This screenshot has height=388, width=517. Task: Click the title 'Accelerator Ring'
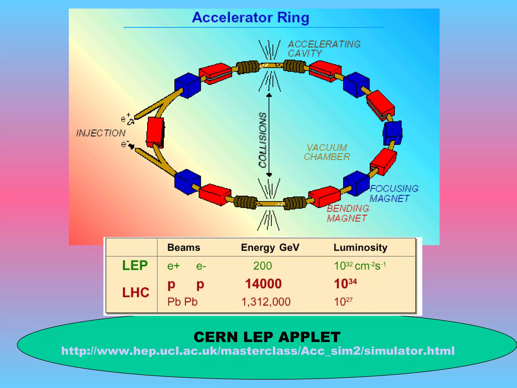(x=250, y=18)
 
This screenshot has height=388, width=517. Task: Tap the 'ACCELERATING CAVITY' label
(x=324, y=49)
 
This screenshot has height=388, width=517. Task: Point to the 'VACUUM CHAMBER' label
(x=327, y=152)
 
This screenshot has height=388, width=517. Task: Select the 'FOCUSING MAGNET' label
(x=394, y=193)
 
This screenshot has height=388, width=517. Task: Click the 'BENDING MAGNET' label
(x=348, y=213)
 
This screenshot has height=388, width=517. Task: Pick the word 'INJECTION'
(x=101, y=133)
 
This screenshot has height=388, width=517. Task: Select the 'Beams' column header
(x=184, y=248)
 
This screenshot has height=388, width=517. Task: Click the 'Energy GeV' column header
(x=270, y=248)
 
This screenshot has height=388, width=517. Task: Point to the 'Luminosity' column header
(x=360, y=248)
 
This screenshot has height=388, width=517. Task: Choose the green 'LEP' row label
(x=135, y=265)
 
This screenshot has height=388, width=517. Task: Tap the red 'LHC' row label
(x=136, y=293)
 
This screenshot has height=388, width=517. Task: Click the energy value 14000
(x=263, y=284)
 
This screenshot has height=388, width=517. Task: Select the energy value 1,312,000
(x=266, y=302)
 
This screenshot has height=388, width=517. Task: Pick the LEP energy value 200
(x=263, y=266)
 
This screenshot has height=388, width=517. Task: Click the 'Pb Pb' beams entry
(x=182, y=302)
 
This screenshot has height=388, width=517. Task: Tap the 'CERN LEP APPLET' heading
(x=267, y=337)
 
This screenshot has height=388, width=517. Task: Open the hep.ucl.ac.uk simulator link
(x=258, y=351)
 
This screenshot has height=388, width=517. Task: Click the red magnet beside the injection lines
(x=155, y=132)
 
